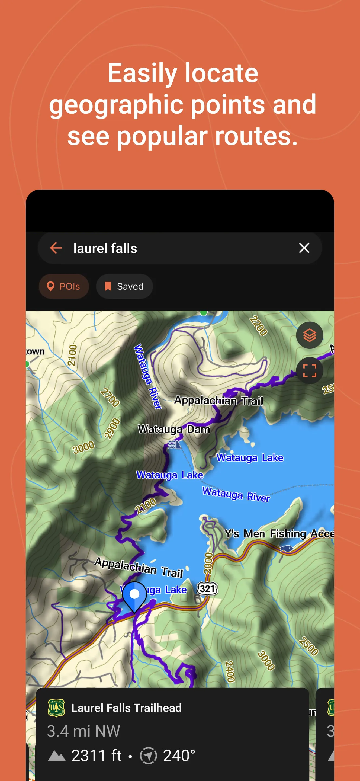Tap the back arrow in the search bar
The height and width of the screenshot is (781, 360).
56,248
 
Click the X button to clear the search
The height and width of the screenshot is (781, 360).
304,248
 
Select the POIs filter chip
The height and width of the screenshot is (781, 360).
64,286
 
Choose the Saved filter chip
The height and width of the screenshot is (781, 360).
124,286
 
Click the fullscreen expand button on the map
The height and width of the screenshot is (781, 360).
309,370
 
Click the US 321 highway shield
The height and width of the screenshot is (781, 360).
207,589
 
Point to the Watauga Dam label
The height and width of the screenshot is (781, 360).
174,429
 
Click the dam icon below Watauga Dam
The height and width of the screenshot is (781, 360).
175,444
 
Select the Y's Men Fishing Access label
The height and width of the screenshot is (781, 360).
279,534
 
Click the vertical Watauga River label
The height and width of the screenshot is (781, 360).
147,376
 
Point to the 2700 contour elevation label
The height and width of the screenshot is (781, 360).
110,398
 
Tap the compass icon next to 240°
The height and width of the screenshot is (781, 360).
149,756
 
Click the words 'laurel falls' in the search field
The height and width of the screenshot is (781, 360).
105,248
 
